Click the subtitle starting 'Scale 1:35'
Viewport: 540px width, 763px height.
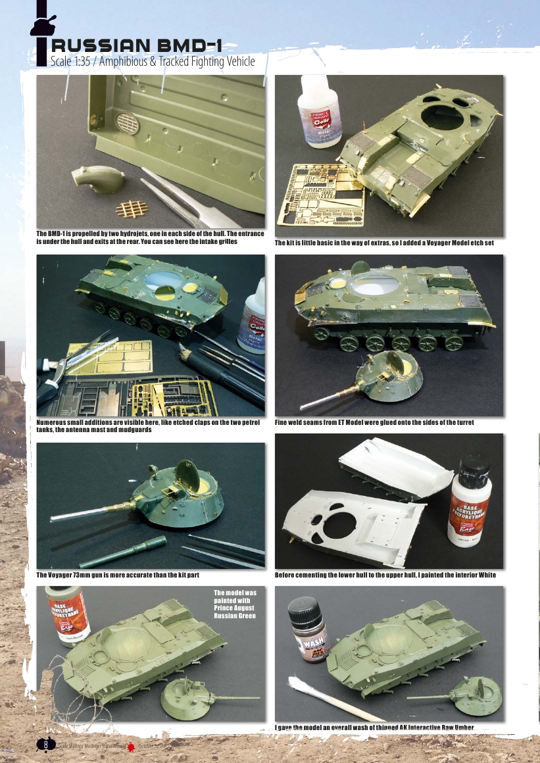152,61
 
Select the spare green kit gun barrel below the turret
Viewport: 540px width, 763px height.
125,553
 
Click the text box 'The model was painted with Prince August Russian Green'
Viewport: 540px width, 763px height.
235,604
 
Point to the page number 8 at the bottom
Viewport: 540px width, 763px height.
45,743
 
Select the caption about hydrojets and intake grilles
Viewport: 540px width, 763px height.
150,237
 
